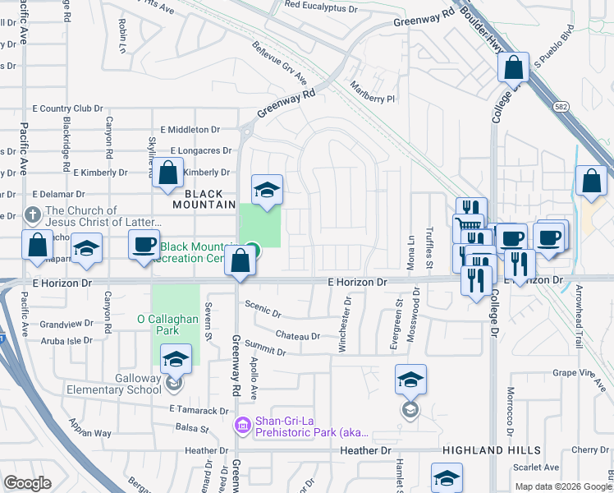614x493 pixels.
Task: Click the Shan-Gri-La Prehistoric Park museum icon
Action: (242, 425)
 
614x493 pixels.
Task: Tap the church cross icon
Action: (32, 216)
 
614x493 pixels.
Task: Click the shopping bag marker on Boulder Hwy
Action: (514, 68)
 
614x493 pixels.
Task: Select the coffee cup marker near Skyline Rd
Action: (145, 245)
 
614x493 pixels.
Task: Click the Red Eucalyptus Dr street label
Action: (323, 5)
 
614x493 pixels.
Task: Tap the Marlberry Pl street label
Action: (372, 98)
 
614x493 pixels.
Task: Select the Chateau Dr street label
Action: (297, 336)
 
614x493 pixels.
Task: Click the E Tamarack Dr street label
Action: (198, 410)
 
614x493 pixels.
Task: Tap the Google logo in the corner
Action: (27, 483)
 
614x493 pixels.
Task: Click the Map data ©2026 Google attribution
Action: (563, 486)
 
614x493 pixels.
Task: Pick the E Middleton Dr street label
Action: (190, 130)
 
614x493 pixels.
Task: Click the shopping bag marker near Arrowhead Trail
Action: (591, 181)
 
